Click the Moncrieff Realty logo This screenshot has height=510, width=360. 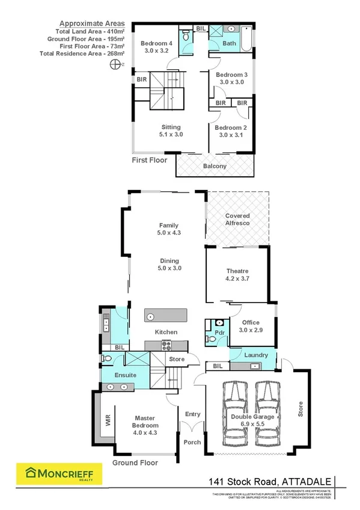[59, 473]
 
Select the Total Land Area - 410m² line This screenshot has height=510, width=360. [91, 31]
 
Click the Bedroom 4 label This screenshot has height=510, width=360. [156, 47]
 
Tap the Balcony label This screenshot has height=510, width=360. [215, 166]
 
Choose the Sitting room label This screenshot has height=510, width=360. [171, 131]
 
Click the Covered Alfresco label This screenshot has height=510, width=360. [237, 220]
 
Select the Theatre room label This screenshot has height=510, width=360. [237, 275]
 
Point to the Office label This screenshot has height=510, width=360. [251, 326]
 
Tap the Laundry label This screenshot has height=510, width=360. [256, 355]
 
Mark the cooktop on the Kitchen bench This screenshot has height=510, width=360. [165, 345]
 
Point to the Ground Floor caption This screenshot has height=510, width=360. [135, 463]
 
